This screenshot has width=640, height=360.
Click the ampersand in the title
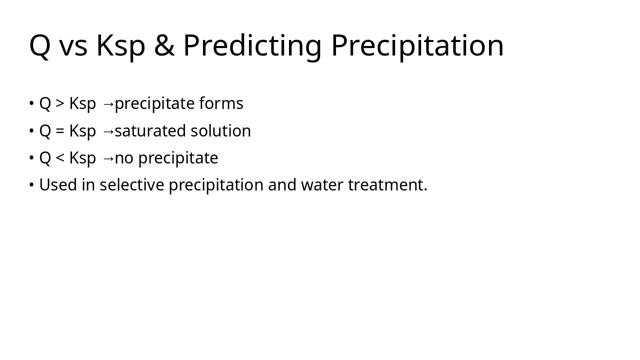coord(164,45)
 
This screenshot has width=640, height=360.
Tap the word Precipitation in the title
coord(417,45)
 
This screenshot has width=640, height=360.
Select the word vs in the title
coord(73,45)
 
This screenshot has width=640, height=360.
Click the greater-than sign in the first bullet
coord(60,103)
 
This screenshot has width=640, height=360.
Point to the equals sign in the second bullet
coord(60,131)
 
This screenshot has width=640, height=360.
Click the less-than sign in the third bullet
coord(60,158)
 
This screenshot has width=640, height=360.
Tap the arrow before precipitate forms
coord(108,104)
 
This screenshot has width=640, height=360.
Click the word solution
coord(221,131)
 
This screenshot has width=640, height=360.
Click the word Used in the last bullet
coord(58,185)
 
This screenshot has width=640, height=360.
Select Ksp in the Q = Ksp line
coord(82,131)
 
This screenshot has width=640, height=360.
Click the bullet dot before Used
coord(31,185)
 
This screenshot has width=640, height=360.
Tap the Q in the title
coord(40,45)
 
